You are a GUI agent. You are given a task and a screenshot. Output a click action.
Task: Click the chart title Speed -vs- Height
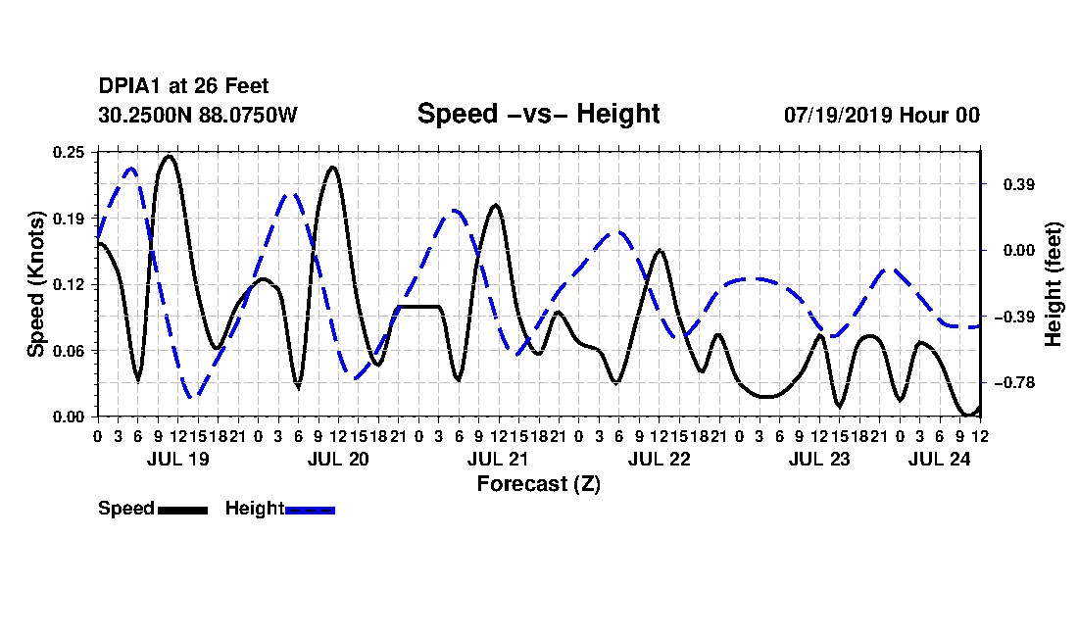point(538,114)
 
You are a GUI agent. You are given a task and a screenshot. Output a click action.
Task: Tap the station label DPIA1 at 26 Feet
point(183,86)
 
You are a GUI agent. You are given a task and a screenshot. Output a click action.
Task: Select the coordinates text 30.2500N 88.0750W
point(197,115)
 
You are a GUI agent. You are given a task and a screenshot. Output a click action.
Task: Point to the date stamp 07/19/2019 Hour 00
point(881,115)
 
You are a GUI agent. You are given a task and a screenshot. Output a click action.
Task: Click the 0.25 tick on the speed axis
point(69,152)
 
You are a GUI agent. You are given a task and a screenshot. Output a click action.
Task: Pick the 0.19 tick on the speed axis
point(69,219)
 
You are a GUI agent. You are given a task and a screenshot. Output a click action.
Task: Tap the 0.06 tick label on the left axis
point(69,351)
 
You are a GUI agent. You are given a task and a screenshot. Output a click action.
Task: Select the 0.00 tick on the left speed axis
point(69,417)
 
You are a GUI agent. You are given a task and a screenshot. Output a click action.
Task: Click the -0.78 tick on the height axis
point(1014,383)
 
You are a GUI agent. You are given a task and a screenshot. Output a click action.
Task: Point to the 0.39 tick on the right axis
point(1019,184)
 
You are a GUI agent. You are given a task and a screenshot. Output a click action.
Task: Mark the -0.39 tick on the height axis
point(1014,317)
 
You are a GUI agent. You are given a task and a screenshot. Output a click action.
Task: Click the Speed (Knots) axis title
point(35,284)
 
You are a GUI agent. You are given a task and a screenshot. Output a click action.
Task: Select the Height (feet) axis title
point(1053,284)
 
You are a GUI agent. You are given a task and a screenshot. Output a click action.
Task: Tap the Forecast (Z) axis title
point(538,484)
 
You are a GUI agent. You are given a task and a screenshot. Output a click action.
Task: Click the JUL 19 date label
point(177,459)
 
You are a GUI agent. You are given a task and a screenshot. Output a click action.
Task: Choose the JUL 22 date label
point(659,459)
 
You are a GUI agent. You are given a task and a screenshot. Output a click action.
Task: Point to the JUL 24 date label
point(939,459)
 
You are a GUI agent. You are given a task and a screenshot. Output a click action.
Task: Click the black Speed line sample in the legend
point(182,510)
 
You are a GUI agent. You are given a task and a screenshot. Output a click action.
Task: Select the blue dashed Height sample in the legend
point(310,510)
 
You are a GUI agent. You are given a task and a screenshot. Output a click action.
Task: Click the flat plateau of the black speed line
point(418,307)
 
